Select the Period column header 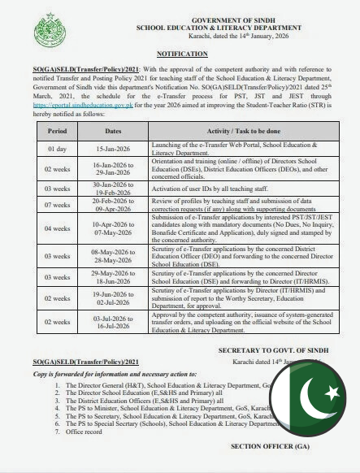click(58, 130)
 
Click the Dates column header click(112, 130)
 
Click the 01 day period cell click(58, 148)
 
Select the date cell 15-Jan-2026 click(112, 148)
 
